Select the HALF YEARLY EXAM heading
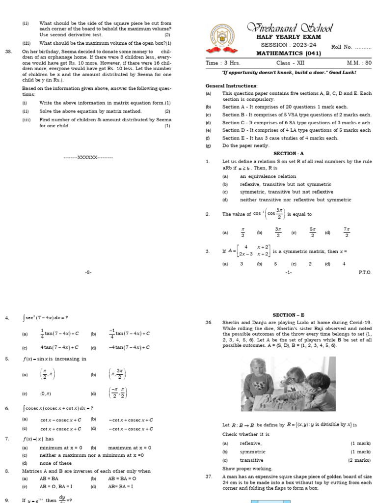289,37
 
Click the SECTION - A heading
289,153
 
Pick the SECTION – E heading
289,315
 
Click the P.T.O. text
365,272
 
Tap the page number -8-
88,272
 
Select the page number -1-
289,272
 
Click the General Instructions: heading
231,86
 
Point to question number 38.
8,52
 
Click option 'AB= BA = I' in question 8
120,487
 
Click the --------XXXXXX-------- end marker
88,157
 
